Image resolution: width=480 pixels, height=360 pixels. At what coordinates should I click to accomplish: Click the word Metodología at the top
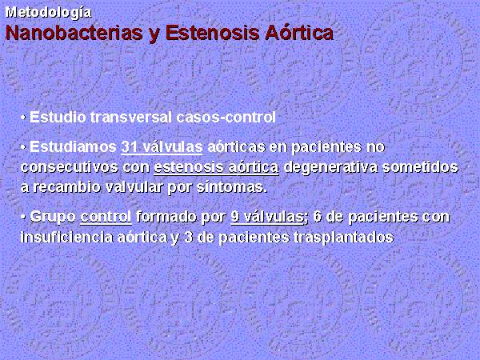tap(48, 13)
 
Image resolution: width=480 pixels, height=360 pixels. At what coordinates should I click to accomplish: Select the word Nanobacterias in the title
tap(74, 33)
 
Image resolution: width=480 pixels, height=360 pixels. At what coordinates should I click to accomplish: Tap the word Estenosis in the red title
tap(213, 33)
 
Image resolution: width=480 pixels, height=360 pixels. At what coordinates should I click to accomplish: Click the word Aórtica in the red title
tap(299, 33)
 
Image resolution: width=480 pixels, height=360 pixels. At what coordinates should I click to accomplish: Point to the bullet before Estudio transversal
tap(23, 118)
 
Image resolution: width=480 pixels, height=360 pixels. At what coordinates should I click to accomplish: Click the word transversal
tap(130, 118)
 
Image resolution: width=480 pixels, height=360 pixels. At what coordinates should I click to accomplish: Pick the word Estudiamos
tap(73, 147)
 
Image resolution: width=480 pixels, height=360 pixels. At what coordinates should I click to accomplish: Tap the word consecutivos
tap(70, 167)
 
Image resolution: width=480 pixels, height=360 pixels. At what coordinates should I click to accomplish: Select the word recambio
tap(67, 187)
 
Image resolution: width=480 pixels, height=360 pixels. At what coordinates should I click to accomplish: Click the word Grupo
tap(53, 218)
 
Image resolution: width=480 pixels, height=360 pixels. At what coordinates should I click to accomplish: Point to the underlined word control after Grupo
tap(106, 217)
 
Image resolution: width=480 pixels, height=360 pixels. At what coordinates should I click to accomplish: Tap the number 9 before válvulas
tap(235, 217)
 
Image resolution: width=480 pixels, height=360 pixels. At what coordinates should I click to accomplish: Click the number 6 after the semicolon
tap(318, 217)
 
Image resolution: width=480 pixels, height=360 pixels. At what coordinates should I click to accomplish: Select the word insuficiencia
tap(66, 238)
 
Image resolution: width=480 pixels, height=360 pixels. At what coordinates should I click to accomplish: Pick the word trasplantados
tap(343, 238)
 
